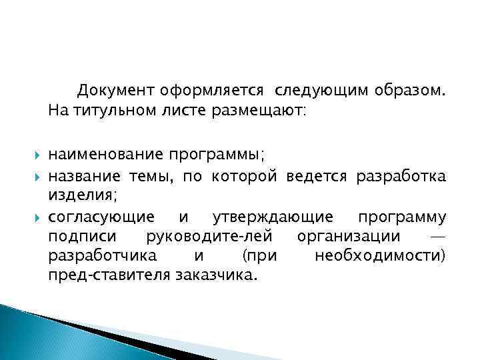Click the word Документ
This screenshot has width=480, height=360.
pos(115,89)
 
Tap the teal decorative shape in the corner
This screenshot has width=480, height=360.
pos(40,333)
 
